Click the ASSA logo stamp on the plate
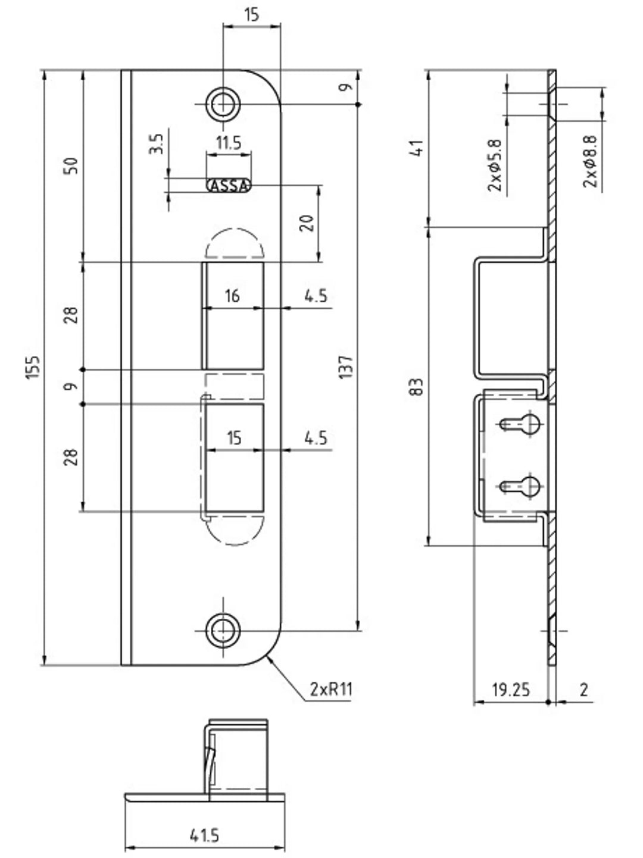point(229,186)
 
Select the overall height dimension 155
point(33,367)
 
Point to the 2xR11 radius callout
point(331,689)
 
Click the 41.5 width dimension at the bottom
point(204,835)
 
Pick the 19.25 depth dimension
point(510,690)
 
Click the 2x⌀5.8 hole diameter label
point(495,165)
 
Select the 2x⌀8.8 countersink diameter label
point(590,161)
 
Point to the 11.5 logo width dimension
point(228,143)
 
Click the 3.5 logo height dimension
point(156,144)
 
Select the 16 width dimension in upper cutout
point(232,296)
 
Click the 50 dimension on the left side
point(70,165)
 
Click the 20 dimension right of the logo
point(307,223)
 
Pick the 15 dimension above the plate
point(251,14)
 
